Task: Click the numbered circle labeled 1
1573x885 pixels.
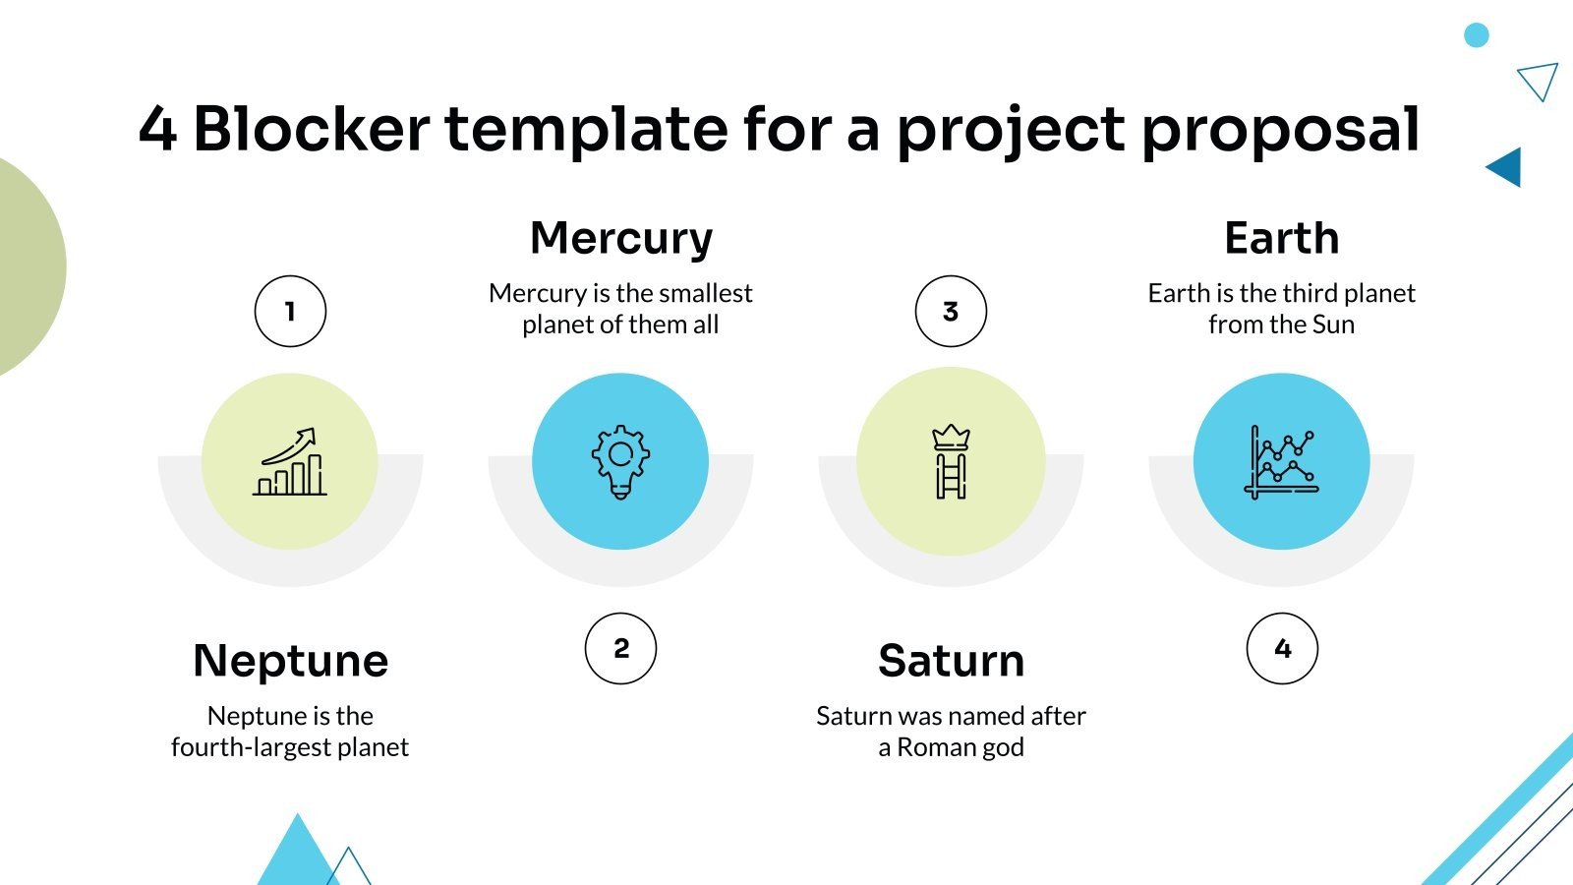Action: [290, 312]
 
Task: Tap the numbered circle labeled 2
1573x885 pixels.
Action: [620, 649]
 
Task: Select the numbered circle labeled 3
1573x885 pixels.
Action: [951, 312]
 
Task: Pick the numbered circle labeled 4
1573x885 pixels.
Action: [1282, 649]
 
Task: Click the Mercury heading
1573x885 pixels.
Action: [621, 238]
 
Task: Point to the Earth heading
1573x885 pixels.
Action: [1281, 238]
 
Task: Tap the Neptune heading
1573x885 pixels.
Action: [291, 661]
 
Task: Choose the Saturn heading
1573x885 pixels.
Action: [951, 661]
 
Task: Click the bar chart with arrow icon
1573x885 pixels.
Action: [290, 461]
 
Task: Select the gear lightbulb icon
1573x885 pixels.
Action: [620, 461]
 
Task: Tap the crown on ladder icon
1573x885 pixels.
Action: [951, 461]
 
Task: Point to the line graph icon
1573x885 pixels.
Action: [1282, 461]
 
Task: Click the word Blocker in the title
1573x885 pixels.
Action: [312, 129]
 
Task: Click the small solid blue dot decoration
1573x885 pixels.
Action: [1476, 35]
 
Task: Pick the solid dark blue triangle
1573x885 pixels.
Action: [1507, 167]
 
